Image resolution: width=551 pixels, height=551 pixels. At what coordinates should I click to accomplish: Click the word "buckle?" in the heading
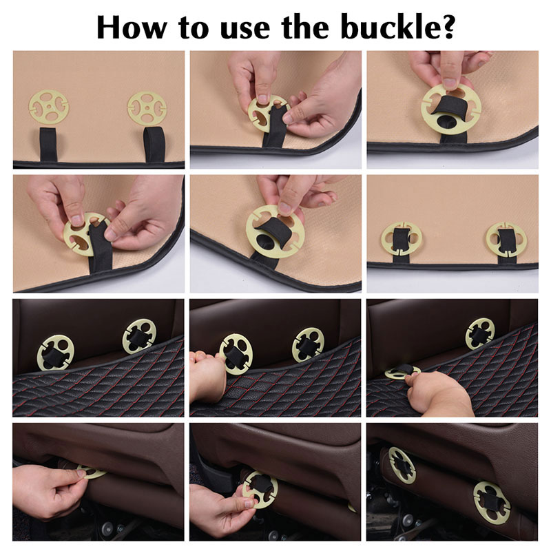398,27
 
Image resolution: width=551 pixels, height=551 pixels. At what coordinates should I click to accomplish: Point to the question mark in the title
446,27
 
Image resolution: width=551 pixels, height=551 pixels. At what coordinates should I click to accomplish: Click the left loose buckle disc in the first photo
49,107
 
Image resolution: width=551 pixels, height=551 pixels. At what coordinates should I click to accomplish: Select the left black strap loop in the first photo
48,145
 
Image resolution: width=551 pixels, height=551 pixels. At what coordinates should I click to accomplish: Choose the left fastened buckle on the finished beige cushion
401,238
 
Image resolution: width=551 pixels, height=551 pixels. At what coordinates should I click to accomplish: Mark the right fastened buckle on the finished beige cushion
506,239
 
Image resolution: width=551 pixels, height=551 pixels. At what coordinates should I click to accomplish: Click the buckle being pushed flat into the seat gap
402,373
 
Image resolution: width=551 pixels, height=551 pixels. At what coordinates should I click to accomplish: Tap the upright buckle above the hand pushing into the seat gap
480,334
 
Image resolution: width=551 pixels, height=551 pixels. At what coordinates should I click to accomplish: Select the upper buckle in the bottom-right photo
402,465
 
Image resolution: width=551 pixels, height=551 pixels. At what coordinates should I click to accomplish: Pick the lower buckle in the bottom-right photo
491,503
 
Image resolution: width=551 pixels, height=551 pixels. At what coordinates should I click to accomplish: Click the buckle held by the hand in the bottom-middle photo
260,490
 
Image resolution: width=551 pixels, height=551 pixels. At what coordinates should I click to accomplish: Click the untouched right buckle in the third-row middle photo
308,345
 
